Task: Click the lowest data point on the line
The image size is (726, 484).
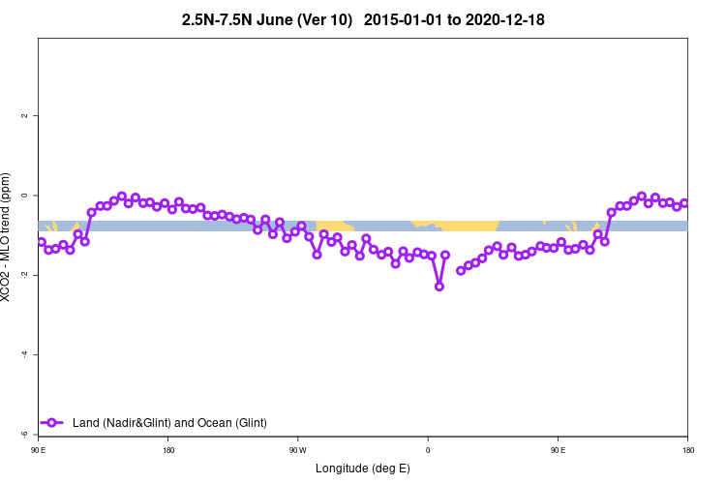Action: (x=439, y=287)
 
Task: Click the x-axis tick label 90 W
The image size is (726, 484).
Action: (x=297, y=450)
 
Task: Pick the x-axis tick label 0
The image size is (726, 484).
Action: (x=428, y=450)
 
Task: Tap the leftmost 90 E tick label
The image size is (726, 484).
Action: (x=38, y=450)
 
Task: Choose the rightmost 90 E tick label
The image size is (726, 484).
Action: (x=558, y=450)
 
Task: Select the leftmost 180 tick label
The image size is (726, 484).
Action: (x=168, y=450)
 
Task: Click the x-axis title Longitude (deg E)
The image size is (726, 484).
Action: (x=363, y=469)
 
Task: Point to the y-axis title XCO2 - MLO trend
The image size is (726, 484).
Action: (x=8, y=237)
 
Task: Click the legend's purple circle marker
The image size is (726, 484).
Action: (x=53, y=423)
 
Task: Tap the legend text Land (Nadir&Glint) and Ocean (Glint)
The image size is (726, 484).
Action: (x=169, y=423)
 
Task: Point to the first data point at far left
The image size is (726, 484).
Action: (x=41, y=242)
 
